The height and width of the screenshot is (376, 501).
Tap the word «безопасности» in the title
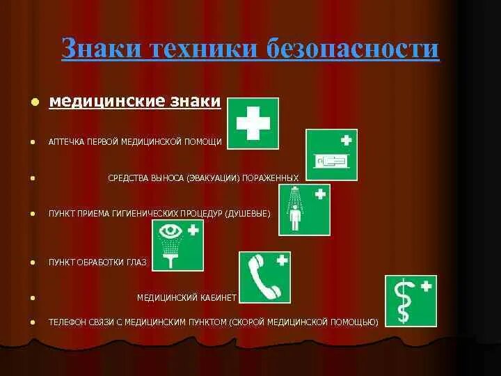[354, 48]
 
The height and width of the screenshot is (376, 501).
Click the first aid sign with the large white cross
[253, 123]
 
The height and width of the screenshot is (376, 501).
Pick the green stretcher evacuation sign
[332, 155]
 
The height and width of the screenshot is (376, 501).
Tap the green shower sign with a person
[304, 210]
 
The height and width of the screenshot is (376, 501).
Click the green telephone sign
[264, 276]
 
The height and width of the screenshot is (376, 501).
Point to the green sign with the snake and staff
[411, 300]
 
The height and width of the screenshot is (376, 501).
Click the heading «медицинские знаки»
[134, 102]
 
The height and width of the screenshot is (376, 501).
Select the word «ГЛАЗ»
[137, 263]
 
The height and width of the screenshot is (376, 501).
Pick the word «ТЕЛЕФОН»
[68, 322]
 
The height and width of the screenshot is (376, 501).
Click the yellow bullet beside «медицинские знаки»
[33, 103]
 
